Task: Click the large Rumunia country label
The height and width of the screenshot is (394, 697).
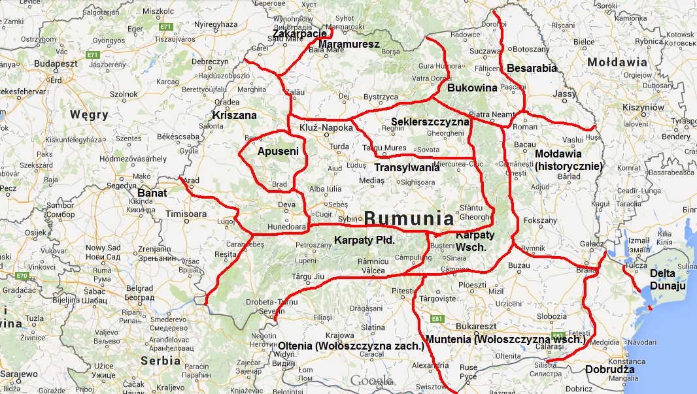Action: coord(409,218)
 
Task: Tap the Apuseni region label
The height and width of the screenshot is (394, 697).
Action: coord(278,152)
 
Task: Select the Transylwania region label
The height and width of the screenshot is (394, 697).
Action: coord(407,167)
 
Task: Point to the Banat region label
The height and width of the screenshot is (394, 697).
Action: coord(153,193)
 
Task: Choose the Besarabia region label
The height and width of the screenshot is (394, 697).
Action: coord(532,68)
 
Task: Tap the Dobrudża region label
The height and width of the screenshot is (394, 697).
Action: coord(610,370)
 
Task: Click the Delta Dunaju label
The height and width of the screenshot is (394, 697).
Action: coord(668,280)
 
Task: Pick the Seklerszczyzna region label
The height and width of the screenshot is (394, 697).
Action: coord(430,122)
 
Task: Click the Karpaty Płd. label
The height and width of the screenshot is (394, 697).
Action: coord(364,240)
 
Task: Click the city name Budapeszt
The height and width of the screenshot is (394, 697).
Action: coord(56,63)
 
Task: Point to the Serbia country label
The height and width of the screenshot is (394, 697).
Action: coord(160,360)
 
